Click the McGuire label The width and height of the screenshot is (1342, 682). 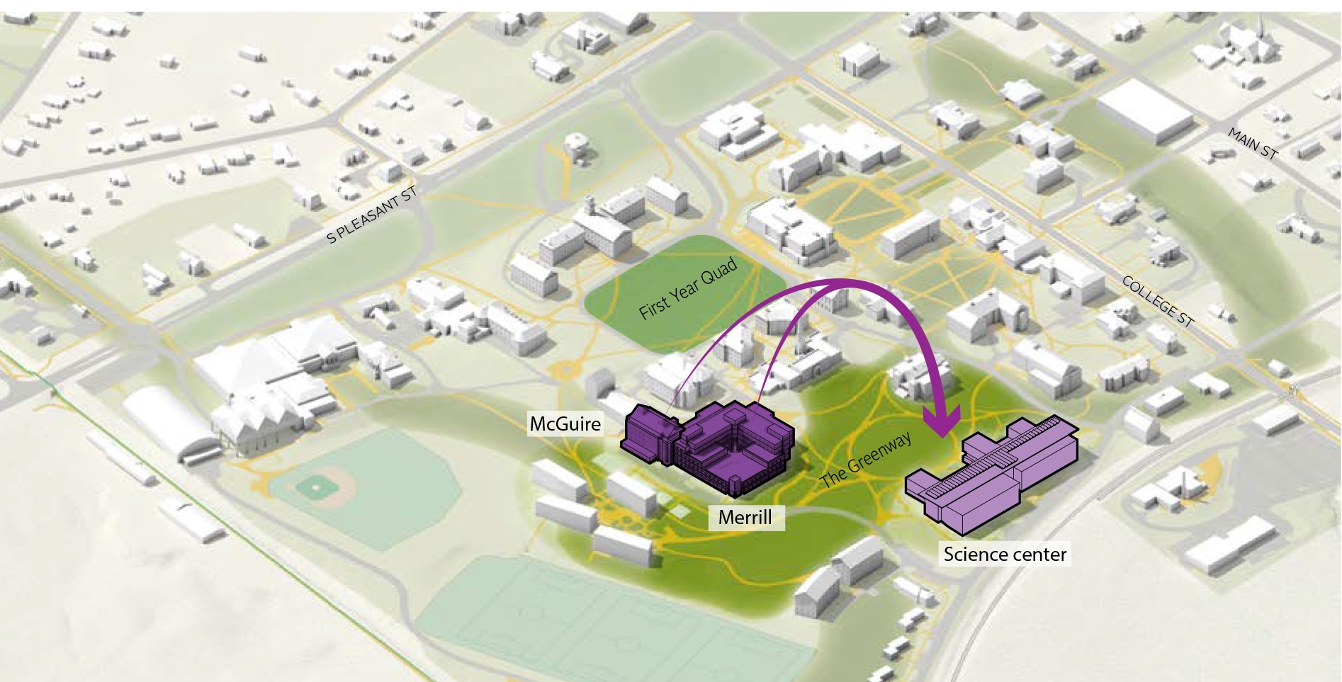pyautogui.click(x=565, y=424)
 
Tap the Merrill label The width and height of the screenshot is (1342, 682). pyautogui.click(x=745, y=517)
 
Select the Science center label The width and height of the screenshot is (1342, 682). pyautogui.click(x=1005, y=554)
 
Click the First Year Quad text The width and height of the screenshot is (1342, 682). pyautogui.click(x=688, y=288)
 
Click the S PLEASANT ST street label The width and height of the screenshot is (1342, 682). pyautogui.click(x=371, y=215)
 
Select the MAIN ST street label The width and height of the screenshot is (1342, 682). pyautogui.click(x=1253, y=144)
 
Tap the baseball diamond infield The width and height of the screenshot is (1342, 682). pyautogui.click(x=312, y=487)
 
